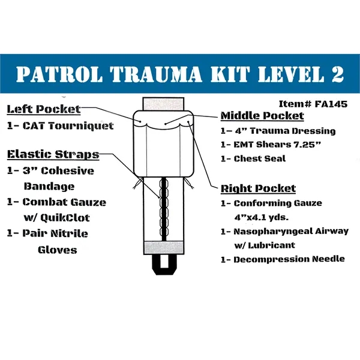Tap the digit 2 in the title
335,74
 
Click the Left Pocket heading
43,109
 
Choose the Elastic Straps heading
53,154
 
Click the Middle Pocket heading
262,116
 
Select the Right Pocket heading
257,188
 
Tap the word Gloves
57,249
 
